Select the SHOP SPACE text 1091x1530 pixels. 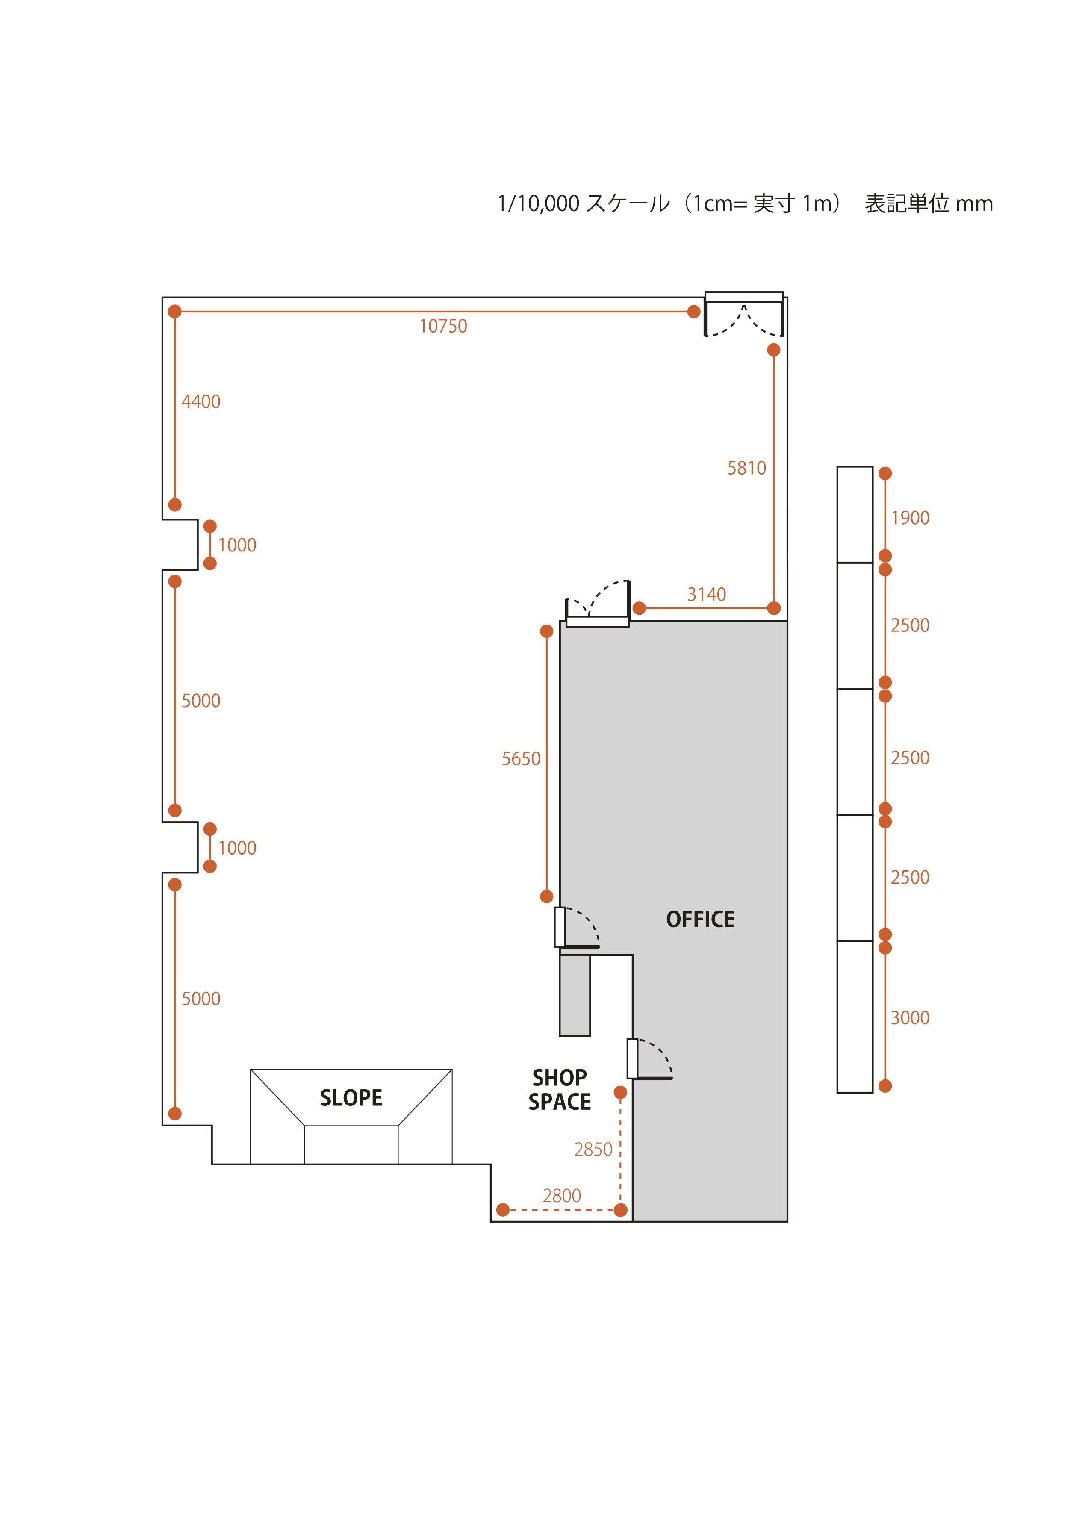coord(560,1089)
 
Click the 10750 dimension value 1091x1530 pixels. coord(443,327)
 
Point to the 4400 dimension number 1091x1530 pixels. coord(201,402)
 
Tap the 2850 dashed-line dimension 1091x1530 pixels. coord(593,1150)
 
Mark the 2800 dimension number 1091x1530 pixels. coord(562,1196)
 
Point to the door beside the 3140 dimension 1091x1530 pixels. coord(597,603)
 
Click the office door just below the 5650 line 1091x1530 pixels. coord(576,928)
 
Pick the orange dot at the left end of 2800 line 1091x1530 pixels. coord(502,1210)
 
